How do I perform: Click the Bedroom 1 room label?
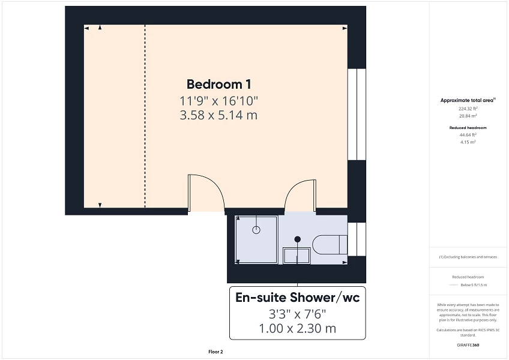point(218,84)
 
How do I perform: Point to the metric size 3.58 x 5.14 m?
point(218,115)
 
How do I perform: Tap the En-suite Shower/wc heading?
point(298,297)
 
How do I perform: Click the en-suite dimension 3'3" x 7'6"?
point(298,313)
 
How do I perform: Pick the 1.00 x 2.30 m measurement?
point(298,328)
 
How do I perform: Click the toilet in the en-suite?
point(330,245)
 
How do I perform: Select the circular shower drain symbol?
point(257,229)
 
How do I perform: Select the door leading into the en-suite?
point(300,195)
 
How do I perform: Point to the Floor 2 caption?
point(215,352)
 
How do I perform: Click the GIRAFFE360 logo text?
point(468,346)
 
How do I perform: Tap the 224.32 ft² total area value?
point(468,109)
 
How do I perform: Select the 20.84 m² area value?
point(468,115)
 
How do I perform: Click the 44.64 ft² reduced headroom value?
point(468,136)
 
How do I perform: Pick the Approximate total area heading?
point(468,100)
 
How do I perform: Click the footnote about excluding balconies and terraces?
point(468,257)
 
